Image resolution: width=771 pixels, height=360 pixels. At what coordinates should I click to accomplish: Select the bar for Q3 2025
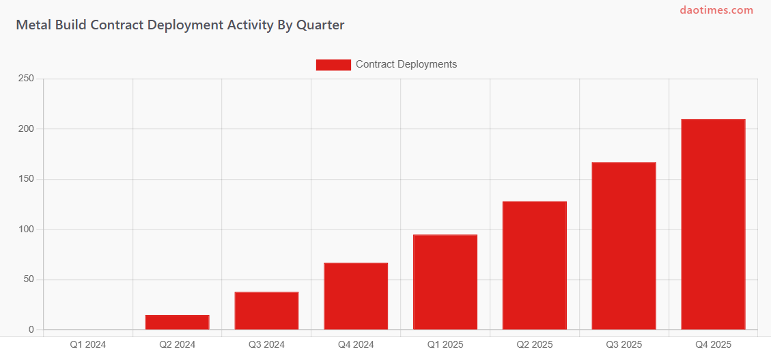(x=623, y=246)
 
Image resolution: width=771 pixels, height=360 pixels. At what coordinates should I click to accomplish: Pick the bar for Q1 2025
(x=445, y=282)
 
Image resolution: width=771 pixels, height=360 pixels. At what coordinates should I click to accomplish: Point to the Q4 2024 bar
(x=356, y=296)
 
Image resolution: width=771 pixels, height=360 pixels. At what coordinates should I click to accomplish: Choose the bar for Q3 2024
(x=266, y=311)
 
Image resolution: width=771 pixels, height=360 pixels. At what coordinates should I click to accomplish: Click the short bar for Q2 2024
(x=178, y=322)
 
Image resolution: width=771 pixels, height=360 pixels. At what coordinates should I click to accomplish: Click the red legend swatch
(x=333, y=65)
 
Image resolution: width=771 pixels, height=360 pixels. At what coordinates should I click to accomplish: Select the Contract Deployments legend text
(x=406, y=64)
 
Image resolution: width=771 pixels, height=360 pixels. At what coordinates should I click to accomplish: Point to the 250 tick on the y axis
(x=26, y=79)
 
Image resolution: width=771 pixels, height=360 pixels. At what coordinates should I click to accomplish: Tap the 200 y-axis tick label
(x=26, y=128)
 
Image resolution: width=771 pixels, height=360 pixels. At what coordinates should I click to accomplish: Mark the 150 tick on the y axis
(x=26, y=179)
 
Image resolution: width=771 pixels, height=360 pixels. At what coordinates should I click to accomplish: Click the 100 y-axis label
(x=26, y=229)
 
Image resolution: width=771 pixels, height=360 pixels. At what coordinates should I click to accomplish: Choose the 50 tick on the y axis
(x=28, y=279)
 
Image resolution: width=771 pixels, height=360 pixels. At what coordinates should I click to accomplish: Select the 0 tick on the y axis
(x=31, y=330)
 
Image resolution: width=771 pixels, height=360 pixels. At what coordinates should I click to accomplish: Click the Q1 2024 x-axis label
(x=88, y=344)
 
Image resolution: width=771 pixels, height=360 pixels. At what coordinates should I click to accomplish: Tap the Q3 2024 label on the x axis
(x=266, y=344)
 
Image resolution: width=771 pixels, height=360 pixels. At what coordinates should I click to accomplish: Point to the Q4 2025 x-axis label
(x=713, y=344)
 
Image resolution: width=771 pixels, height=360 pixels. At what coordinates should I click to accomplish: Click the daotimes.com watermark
(x=716, y=10)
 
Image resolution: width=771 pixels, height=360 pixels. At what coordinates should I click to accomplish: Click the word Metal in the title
(x=31, y=25)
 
